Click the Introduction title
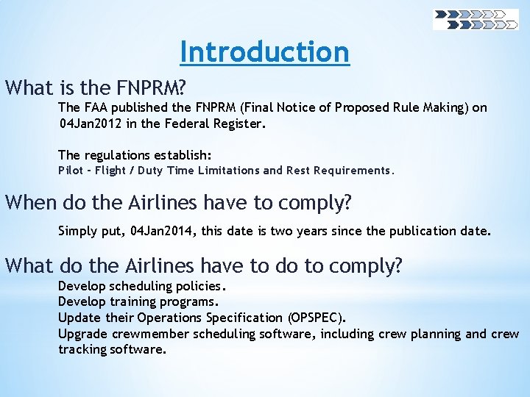pyautogui.click(x=264, y=52)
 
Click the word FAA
pyautogui.click(x=97, y=108)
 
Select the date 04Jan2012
pyautogui.click(x=89, y=124)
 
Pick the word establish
pyautogui.click(x=185, y=155)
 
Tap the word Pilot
pyautogui.click(x=72, y=171)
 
